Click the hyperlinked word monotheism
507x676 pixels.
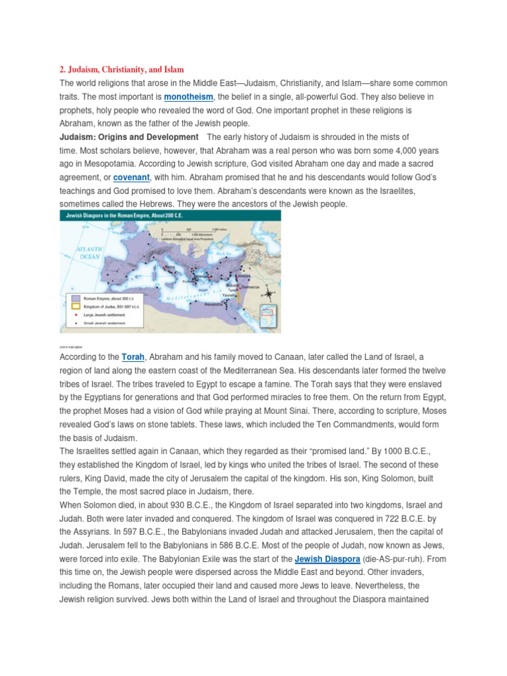pyautogui.click(x=187, y=97)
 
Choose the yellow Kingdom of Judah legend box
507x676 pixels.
pyautogui.click(x=77, y=306)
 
